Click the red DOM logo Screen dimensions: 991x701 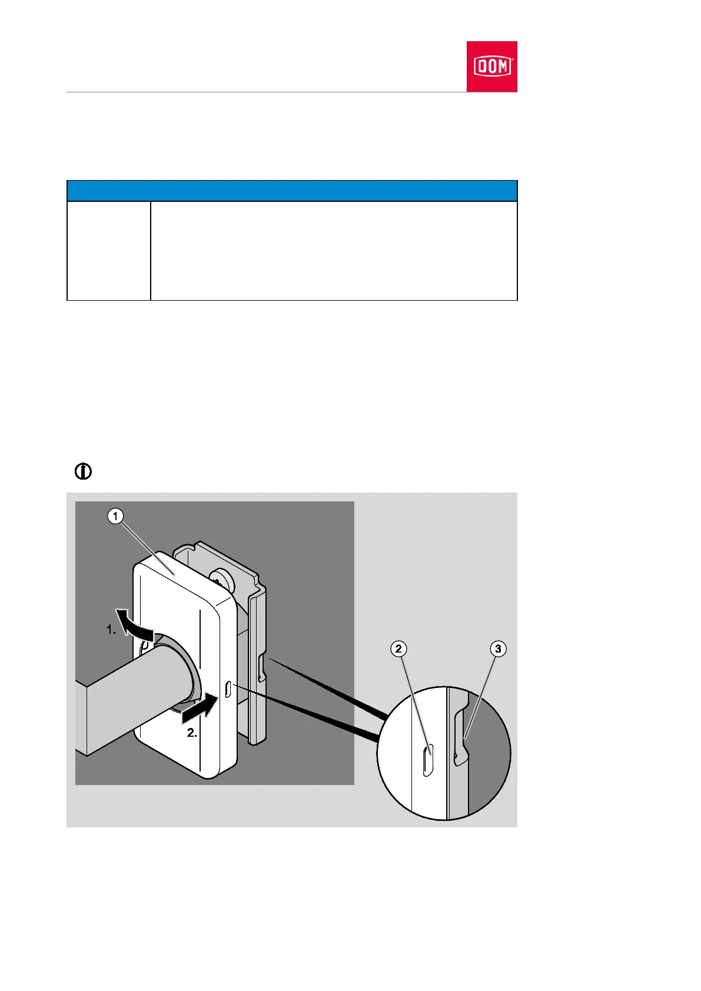pos(491,66)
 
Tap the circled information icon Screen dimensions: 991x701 pos(84,471)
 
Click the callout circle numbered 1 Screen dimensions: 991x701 pos(115,517)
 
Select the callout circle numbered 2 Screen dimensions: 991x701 pos(398,649)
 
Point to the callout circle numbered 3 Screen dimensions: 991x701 pos(498,649)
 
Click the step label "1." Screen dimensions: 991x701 pos(111,630)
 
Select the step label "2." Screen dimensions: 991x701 pos(192,733)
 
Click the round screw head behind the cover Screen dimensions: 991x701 pos(221,580)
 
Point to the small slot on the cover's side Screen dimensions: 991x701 pos(227,689)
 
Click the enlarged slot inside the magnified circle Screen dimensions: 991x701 pos(428,760)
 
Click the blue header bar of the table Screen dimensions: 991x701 pos(292,191)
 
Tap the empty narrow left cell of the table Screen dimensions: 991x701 pos(108,251)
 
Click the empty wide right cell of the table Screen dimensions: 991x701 pos(334,251)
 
